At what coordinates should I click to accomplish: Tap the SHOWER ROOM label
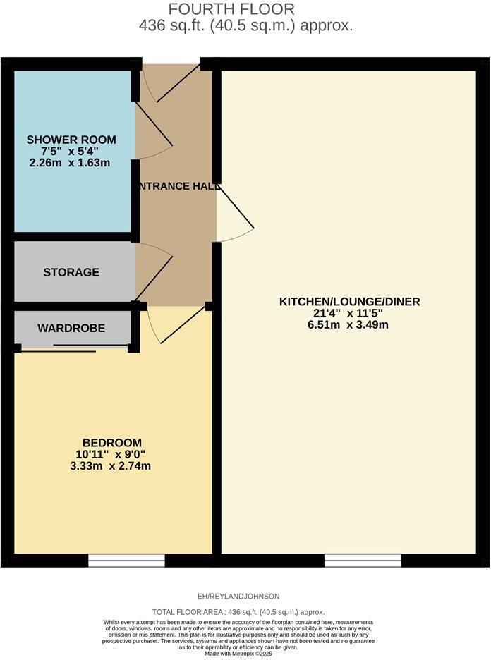71,140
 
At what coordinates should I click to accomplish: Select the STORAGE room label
71,272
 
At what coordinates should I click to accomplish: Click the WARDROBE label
71,328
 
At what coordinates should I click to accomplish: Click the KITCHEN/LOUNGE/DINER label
350,302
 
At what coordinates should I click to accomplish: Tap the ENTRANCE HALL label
176,186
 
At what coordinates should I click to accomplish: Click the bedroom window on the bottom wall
127,561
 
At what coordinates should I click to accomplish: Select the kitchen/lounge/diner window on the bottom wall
363,561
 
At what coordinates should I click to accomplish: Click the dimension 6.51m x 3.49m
350,325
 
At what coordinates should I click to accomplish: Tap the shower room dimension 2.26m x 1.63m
71,163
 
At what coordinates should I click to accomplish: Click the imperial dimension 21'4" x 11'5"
350,313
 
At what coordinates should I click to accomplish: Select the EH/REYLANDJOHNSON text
239,597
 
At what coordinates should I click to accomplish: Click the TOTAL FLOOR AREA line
238,612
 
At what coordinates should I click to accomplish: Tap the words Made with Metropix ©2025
238,654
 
